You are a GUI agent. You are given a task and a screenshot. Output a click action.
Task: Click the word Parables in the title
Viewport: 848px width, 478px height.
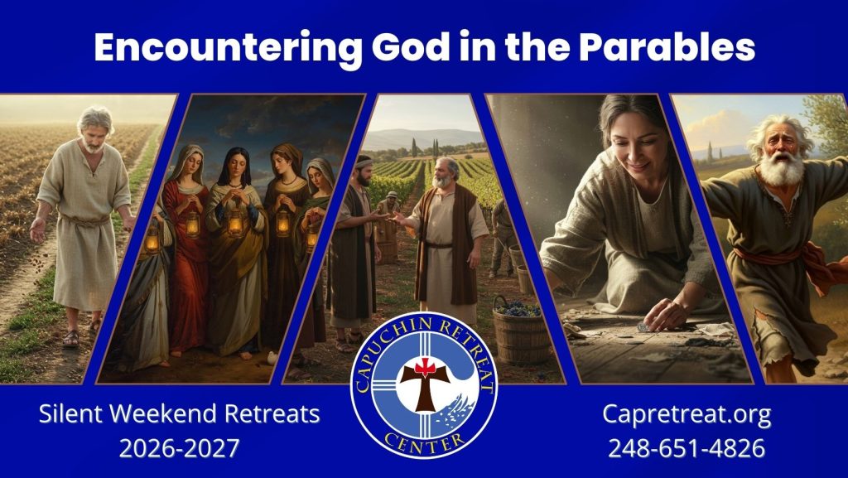pos(667,47)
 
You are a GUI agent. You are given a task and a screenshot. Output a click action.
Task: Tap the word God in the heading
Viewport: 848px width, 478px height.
pos(411,47)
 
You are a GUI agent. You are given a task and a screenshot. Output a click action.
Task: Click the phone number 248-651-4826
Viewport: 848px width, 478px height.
pos(687,448)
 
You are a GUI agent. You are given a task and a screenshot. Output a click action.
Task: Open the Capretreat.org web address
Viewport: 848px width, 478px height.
pos(687,415)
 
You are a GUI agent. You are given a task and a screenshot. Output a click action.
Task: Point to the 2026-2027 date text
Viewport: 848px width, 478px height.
pos(179,448)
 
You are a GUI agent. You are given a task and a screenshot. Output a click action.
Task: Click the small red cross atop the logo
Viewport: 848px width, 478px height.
pos(425,368)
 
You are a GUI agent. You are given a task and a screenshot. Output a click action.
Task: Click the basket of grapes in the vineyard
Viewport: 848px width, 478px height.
pos(520,330)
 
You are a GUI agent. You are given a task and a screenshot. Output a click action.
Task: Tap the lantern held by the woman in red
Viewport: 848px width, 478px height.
pos(192,223)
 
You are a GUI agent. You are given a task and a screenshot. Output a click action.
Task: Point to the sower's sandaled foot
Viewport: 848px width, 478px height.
pos(71,338)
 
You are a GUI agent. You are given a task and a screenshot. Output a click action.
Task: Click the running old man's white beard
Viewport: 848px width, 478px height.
pos(782,168)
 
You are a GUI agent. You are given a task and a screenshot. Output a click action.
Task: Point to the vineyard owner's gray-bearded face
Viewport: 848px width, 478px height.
pos(444,174)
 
